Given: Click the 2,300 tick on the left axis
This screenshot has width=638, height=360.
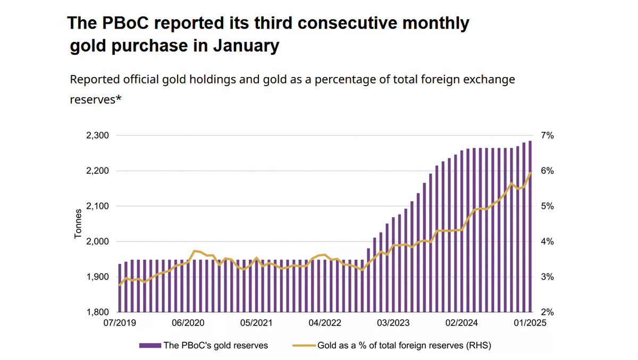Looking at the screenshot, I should click(x=97, y=136).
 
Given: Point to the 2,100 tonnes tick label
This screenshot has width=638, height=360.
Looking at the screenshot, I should click(x=97, y=206).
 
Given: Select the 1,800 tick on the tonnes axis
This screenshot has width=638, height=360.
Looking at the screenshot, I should click(x=97, y=312).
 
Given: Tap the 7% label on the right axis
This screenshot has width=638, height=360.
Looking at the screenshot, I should click(x=548, y=136).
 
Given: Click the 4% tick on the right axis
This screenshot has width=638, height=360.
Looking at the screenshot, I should click(x=548, y=241).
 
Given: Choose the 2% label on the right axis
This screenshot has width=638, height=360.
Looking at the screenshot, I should click(x=548, y=312).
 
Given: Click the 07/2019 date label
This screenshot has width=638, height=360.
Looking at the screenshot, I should click(x=119, y=323).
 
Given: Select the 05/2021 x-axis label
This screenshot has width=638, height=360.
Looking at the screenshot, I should click(x=256, y=323).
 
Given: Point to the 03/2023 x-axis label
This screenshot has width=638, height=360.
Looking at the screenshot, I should click(x=393, y=323).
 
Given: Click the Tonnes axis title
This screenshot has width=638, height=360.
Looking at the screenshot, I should click(x=78, y=224).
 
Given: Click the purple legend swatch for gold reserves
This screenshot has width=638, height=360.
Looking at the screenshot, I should click(x=149, y=346).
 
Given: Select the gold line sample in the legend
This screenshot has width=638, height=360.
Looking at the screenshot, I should click(x=304, y=346).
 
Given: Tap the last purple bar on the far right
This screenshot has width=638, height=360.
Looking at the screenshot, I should click(x=530, y=226).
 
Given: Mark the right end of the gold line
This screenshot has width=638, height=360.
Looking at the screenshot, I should click(x=530, y=173).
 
